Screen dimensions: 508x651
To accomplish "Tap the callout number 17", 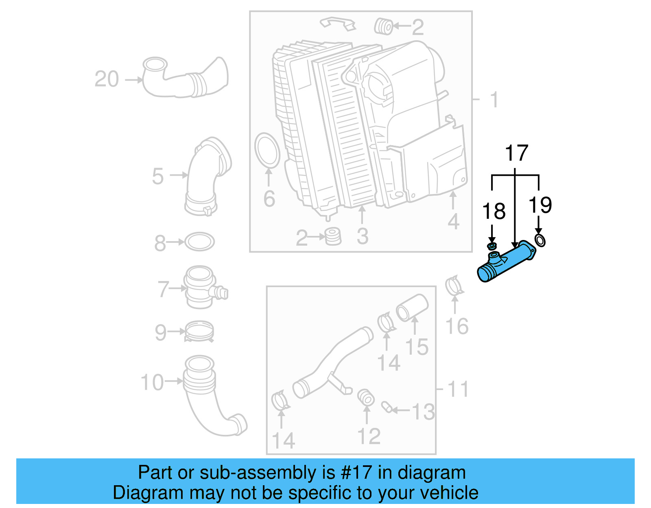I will point(516,153).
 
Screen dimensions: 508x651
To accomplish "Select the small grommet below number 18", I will point(492,246).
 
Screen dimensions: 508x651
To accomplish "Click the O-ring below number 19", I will point(540,240).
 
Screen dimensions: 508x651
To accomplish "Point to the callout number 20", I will point(107,79).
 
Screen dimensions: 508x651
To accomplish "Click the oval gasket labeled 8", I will point(199,242).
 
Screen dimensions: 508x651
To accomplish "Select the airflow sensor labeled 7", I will point(201,287).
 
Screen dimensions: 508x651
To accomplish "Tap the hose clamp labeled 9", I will point(199,331).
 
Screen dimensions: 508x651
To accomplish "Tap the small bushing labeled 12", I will point(366,397).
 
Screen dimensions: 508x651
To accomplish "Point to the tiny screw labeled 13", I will point(386,406).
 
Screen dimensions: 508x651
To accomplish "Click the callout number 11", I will point(458,389).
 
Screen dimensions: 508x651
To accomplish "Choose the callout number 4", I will point(453,222).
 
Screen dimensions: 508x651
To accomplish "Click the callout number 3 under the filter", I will point(362,236).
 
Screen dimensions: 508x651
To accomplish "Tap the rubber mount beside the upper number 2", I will point(383,26).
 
